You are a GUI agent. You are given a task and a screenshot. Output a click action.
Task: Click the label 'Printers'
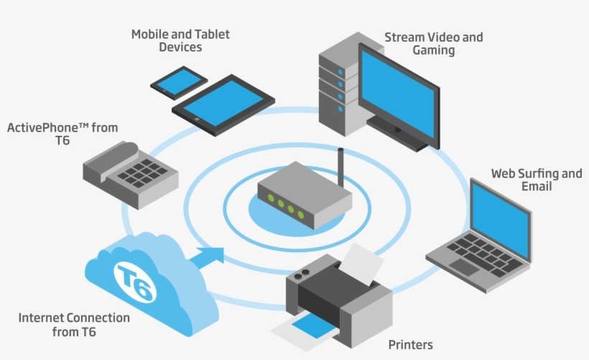(x=410, y=345)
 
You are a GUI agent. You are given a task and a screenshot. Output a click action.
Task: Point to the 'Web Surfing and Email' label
(x=537, y=180)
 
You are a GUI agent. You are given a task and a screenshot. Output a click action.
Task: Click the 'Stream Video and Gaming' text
(x=434, y=44)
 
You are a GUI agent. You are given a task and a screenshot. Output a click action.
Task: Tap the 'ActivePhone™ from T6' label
(x=62, y=134)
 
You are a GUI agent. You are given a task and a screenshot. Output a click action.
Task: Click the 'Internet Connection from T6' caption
(x=74, y=325)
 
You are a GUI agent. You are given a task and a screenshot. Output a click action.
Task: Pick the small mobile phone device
(x=179, y=80)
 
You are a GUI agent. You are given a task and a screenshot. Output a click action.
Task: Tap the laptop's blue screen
(x=501, y=213)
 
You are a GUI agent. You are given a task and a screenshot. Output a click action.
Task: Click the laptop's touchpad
(x=464, y=267)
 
